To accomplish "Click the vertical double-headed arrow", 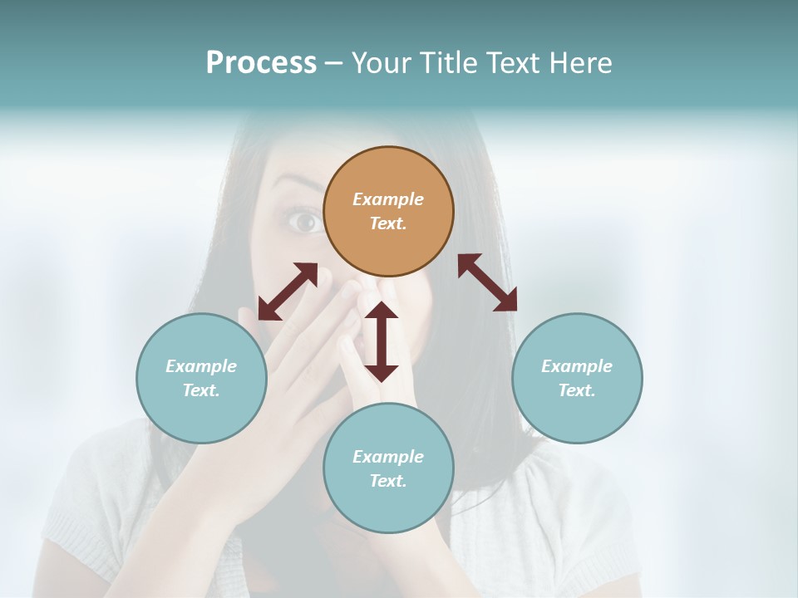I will click(382, 341).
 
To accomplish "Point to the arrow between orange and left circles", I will click(288, 292).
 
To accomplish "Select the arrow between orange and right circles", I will click(487, 283).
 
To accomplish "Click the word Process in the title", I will click(261, 62).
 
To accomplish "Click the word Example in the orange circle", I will click(388, 199).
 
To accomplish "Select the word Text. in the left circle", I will click(201, 390).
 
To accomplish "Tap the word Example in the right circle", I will click(577, 366).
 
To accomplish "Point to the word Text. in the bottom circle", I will click(388, 481).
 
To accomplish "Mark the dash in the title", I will click(334, 63).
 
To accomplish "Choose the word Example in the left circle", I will click(201, 366).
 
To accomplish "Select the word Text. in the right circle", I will click(577, 390).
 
